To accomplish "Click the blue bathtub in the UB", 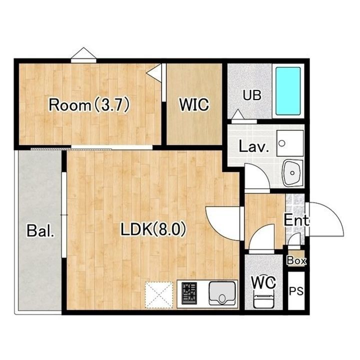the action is pos(288,91).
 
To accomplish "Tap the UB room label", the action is pos(252,95).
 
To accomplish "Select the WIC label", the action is pos(194,104).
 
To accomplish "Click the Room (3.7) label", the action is pos(89,105).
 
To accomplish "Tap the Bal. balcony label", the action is pos(40,230).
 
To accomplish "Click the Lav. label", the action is pos(253,146).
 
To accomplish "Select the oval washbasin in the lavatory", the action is pos(292,173).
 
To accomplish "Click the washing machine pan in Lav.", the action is pos(290,143).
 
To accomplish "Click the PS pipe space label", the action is pos(296,291).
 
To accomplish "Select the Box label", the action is pos(296,260).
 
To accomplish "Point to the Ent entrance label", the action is pos(296,220).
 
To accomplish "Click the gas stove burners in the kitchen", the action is pos(189,293).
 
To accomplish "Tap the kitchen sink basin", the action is pos(222,293).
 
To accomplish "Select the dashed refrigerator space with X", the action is pos(158,295).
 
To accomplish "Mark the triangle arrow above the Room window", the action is pos(83,53).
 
